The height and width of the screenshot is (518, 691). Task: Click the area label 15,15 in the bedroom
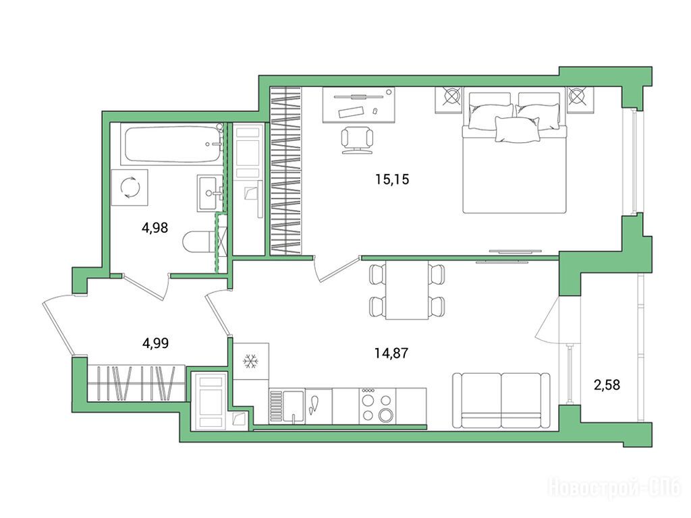click(392, 179)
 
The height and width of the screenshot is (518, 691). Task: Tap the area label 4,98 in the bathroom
click(155, 228)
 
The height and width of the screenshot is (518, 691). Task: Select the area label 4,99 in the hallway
click(156, 343)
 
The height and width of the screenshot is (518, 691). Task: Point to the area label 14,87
click(391, 353)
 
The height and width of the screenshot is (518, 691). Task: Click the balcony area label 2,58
click(607, 385)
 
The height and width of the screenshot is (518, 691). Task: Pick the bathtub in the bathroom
click(172, 144)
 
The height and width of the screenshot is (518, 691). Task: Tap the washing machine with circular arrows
click(130, 188)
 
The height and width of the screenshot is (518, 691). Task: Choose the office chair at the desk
click(357, 140)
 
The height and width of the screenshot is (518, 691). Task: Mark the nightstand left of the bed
click(449, 100)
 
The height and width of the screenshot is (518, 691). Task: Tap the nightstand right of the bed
click(580, 100)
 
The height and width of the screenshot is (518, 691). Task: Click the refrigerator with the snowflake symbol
click(251, 362)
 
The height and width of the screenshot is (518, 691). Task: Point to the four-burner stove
click(377, 406)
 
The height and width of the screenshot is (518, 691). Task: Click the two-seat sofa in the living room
click(501, 401)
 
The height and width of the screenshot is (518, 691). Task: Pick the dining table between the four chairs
click(407, 290)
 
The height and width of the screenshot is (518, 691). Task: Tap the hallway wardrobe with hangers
click(136, 383)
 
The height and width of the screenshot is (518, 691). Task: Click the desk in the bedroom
click(359, 105)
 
